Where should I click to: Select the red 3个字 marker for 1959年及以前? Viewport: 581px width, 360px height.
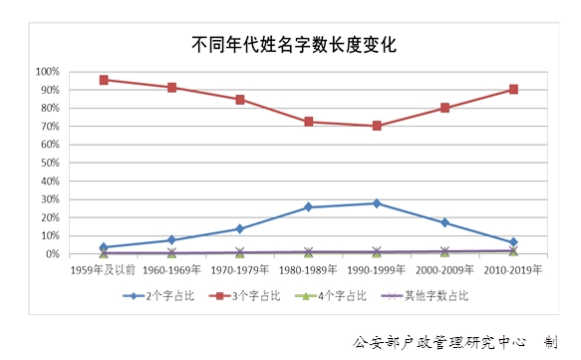(x=104, y=80)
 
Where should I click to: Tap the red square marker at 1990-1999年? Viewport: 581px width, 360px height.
(x=377, y=126)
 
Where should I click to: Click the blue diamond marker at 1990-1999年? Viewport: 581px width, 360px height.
(x=377, y=203)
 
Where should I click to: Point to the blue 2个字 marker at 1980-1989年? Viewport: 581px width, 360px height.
(x=309, y=207)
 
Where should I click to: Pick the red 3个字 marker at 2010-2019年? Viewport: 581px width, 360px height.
(x=513, y=89)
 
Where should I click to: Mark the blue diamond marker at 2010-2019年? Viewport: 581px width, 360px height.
(x=513, y=242)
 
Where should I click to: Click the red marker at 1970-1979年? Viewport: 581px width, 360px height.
(x=240, y=100)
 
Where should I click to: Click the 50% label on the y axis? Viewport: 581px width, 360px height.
(x=50, y=163)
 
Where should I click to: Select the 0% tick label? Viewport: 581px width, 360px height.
(x=53, y=254)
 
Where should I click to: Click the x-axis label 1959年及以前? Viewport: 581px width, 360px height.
(x=104, y=269)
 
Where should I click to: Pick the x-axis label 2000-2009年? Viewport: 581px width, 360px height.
(x=444, y=269)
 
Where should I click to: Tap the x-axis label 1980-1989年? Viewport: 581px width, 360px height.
(x=309, y=269)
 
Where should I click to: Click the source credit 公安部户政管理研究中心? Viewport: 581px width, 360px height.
(x=439, y=341)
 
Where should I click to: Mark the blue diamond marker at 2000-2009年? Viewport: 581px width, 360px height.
(x=444, y=222)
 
